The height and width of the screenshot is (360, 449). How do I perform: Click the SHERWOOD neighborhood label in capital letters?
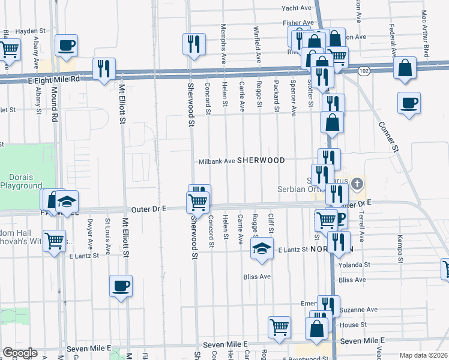(261, 161)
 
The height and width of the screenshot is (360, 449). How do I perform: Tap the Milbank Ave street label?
(217, 161)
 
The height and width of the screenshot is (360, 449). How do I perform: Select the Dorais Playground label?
(25, 181)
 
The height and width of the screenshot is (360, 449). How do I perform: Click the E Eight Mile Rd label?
(53, 79)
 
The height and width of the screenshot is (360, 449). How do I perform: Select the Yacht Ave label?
(298, 8)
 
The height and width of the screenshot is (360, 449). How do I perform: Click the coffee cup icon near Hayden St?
(65, 44)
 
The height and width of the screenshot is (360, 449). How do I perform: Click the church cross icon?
(357, 183)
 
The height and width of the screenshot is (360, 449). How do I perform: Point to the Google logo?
(20, 353)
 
